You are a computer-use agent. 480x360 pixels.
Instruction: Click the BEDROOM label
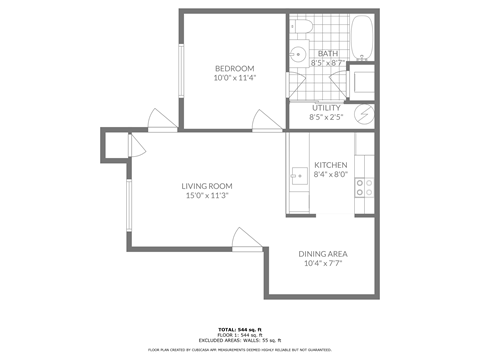coord(233,68)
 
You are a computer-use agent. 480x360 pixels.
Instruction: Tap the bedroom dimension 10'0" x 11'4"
coord(233,78)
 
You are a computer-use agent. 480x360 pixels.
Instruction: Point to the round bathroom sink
coord(298,55)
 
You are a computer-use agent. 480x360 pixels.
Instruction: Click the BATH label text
coord(327,53)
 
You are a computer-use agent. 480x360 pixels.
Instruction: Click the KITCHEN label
coord(330,164)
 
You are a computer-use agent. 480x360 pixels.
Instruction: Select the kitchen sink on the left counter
coord(297,176)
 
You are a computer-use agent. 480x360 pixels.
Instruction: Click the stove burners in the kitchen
coord(367,187)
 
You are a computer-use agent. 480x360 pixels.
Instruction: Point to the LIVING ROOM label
coord(207,186)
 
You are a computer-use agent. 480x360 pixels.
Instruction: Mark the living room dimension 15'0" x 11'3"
coord(207,196)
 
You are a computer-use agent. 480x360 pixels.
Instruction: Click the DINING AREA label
coord(323,254)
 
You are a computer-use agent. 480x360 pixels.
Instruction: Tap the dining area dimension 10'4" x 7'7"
coord(323,264)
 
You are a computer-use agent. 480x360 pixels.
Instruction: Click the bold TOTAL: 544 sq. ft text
coord(240,328)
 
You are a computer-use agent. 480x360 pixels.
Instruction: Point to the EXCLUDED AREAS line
coord(240,340)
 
